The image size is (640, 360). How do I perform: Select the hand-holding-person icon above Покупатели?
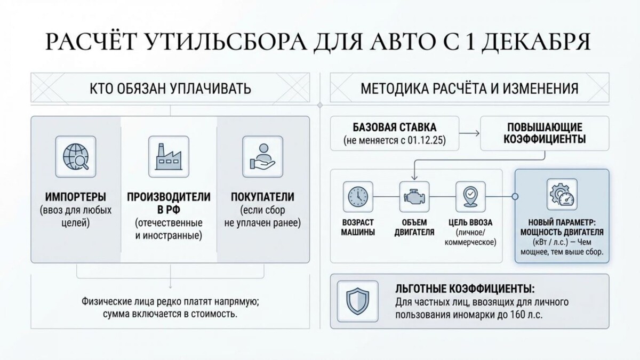[x=262, y=155]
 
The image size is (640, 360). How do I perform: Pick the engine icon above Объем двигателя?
[x=414, y=196]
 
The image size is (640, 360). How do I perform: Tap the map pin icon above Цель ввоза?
[x=470, y=196]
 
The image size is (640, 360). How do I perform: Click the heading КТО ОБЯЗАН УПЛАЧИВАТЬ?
[x=170, y=88]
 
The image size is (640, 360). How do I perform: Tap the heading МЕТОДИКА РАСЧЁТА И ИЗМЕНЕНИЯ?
[x=469, y=88]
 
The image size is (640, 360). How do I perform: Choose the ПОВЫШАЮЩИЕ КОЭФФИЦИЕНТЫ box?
[x=545, y=133]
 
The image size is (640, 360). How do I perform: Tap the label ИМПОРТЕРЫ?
[x=76, y=197]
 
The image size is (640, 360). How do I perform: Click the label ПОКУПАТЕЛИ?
[x=262, y=197]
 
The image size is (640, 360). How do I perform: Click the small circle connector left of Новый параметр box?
[x=515, y=196]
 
